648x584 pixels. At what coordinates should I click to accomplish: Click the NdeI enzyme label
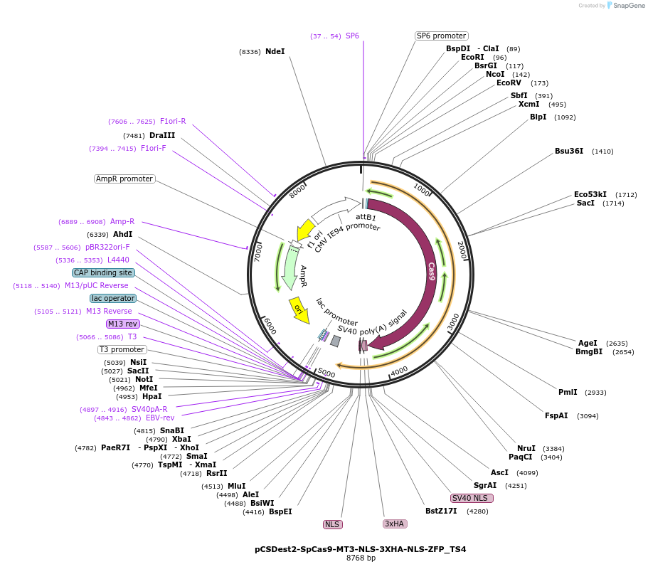coord(275,52)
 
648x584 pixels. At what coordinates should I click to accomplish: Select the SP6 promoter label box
coord(441,36)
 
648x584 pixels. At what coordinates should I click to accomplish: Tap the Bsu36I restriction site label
coord(569,151)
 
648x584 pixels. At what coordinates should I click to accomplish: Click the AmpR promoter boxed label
coord(124,179)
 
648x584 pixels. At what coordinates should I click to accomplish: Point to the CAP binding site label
coord(103,272)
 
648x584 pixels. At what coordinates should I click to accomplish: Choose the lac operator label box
coord(112,298)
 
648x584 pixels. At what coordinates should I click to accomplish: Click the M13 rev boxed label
coord(123,324)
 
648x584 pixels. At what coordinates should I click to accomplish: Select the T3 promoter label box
coord(122,349)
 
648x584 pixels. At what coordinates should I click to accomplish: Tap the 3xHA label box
coord(393,524)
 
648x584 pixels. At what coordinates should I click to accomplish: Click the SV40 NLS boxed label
coord(472,498)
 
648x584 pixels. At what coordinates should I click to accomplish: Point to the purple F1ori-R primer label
coord(173,121)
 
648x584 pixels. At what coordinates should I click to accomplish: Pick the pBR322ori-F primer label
coord(107,248)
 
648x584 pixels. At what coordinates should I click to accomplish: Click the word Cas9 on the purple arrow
coord(431,272)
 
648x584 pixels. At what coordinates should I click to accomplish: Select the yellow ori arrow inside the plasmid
coord(299,309)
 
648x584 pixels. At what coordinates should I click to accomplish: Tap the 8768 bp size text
coord(361,558)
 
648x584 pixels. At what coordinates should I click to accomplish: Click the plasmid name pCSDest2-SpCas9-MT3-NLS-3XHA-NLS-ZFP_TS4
coord(361,549)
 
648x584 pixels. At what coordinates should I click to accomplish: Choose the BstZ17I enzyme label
coord(441,511)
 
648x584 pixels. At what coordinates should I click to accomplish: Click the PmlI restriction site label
coord(568,392)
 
